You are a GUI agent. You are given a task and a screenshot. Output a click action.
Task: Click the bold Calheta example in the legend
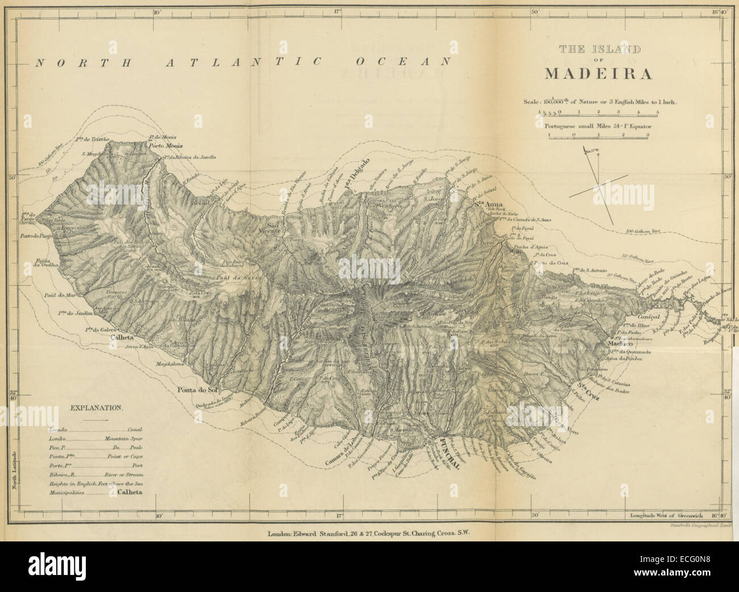click(x=130, y=494)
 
